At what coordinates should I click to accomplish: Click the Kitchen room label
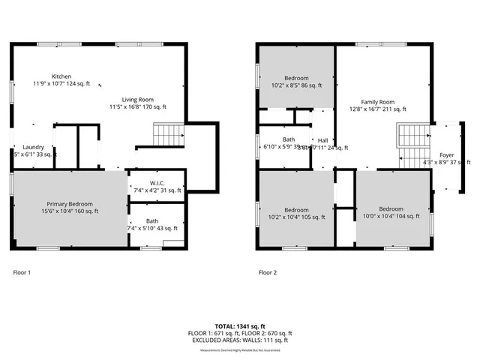point(61,76)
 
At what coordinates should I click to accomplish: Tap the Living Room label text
point(138,99)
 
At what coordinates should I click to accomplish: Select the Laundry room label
point(34,147)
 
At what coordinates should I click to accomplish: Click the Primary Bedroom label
point(70,204)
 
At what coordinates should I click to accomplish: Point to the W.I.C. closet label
point(157,183)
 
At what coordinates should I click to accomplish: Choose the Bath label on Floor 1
point(152,220)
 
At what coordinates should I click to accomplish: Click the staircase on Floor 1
point(163,135)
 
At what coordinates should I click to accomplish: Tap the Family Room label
point(377,101)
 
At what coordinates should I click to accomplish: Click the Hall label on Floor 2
point(322,140)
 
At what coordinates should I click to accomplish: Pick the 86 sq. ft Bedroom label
point(296,78)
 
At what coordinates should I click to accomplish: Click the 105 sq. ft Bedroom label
point(296,209)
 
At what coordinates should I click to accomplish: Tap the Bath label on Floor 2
point(289,139)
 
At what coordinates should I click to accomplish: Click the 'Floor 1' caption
point(23,272)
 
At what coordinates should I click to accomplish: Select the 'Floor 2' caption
point(268,272)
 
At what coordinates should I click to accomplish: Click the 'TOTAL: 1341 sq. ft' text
point(240,326)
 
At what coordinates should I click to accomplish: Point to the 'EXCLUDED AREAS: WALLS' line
point(240,340)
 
